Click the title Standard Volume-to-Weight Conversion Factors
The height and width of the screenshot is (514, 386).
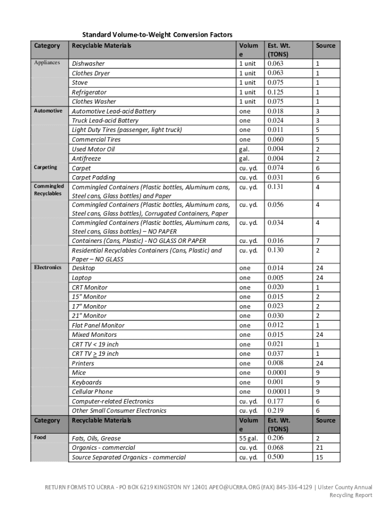157,35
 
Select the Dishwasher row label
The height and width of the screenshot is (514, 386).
88,64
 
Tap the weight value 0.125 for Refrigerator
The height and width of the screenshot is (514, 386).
275,92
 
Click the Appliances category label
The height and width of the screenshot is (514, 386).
47,63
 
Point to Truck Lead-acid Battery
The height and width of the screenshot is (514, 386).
105,120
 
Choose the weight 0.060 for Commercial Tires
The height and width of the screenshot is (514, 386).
275,140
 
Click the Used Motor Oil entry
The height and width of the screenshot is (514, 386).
93,149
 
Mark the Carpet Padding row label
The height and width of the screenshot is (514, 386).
93,177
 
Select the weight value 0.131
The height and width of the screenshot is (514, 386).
275,187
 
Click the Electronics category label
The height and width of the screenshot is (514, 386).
48,268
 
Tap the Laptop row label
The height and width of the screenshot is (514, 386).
82,278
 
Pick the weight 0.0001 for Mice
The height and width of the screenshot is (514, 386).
277,372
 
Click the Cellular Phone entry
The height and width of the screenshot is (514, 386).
92,392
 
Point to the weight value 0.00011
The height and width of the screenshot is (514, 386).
279,392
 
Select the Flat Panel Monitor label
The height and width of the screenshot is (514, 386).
98,325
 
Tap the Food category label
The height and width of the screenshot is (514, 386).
40,438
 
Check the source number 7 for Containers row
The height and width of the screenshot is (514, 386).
317,241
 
